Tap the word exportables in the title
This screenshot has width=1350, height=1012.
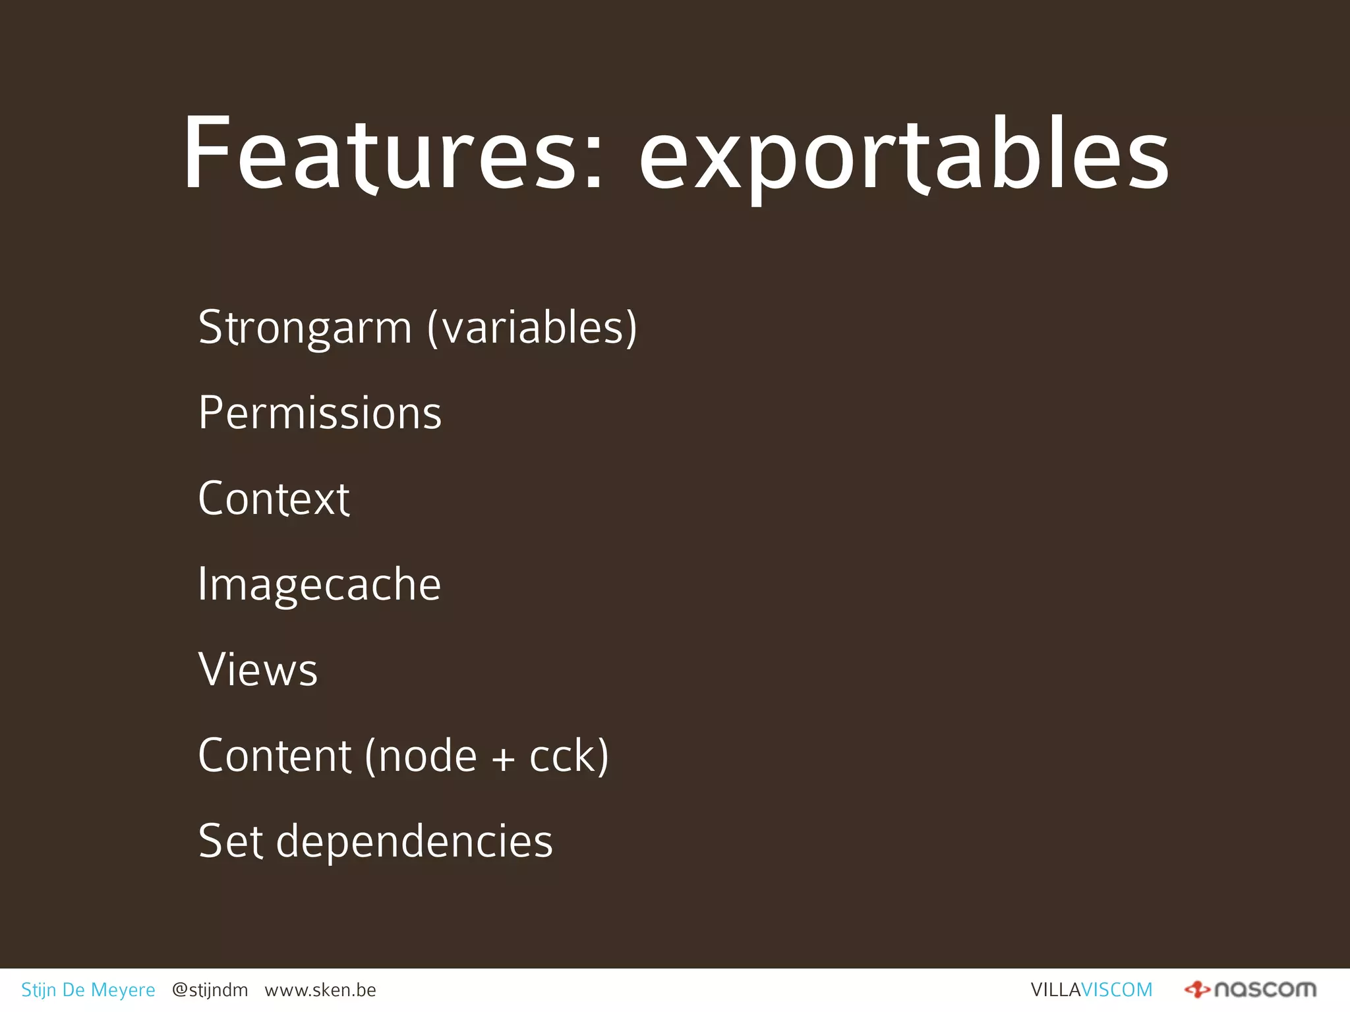(x=904, y=158)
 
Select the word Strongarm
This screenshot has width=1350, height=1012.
(x=305, y=327)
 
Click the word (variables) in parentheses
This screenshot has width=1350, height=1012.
(x=532, y=327)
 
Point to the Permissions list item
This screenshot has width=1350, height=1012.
(x=320, y=413)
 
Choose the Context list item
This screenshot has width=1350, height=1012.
(x=274, y=499)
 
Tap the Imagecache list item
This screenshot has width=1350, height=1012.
(x=319, y=585)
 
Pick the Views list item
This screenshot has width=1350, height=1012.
(x=258, y=670)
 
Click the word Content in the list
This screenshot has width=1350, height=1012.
(x=274, y=756)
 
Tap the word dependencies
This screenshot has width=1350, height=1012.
(x=414, y=843)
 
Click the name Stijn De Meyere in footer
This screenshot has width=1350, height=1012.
(x=88, y=990)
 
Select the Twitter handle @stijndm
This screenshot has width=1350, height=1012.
(x=210, y=990)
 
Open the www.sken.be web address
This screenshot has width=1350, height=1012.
(x=320, y=990)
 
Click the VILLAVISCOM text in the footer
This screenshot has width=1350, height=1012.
(x=1091, y=990)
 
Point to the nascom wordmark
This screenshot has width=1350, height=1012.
(x=1265, y=990)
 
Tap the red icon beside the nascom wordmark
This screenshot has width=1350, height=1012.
(x=1196, y=990)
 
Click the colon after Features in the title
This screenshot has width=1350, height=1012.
(x=593, y=158)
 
